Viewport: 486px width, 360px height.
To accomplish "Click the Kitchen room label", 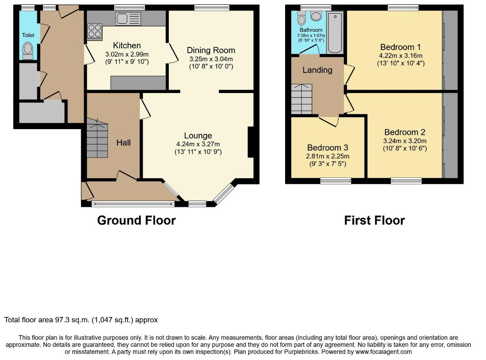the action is pos(127,45).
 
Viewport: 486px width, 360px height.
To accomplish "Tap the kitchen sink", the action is pos(128,18).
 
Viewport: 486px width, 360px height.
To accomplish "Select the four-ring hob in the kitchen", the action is pos(95,31).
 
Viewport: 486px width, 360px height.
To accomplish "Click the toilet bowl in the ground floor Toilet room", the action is pos(28,51).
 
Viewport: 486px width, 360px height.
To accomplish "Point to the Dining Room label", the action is pos(211,50).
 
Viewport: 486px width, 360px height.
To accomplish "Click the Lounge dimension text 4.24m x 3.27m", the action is pos(198,144).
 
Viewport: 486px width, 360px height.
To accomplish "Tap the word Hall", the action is pos(123,143).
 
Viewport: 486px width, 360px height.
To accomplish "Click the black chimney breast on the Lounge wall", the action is pos(251,142).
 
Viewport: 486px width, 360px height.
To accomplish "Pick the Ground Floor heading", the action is pos(136,220).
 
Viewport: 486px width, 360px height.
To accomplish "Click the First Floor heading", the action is pos(375,220).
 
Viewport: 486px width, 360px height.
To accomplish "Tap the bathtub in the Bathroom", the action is pos(335,32).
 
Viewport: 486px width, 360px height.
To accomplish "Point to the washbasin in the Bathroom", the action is pos(316,16).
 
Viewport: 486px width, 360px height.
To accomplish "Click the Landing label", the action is pos(318,70).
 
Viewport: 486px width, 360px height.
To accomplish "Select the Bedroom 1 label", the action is pos(400,47).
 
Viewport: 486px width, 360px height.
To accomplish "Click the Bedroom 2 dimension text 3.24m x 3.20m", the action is pos(405,141).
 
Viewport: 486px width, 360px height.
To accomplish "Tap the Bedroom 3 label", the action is pos(328,148).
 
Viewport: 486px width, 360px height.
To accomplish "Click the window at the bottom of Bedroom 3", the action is pos(336,180).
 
